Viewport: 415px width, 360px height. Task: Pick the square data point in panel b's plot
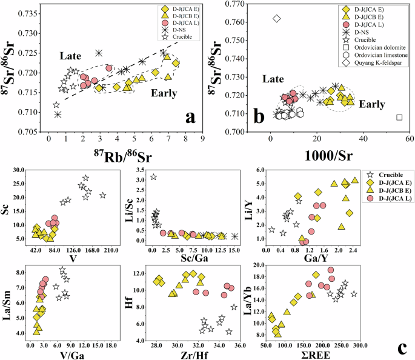tap(399, 117)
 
